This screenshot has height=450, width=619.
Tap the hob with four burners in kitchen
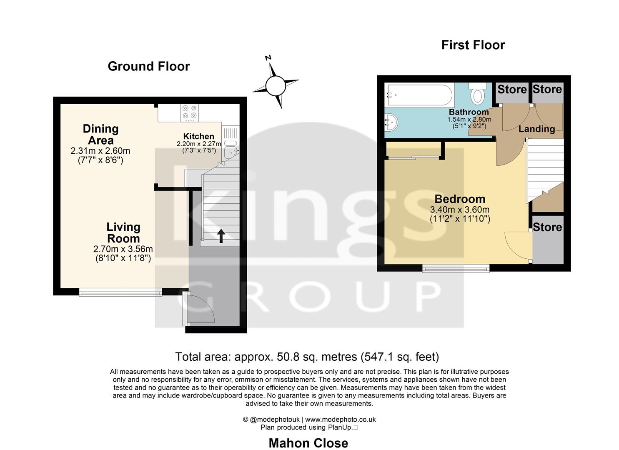click(x=190, y=112)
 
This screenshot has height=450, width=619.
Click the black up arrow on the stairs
click(x=221, y=235)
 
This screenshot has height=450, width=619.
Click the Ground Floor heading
click(x=148, y=66)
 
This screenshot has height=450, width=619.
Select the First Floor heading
click(x=473, y=45)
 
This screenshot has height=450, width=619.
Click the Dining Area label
click(x=100, y=135)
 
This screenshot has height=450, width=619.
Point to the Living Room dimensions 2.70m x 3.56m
click(x=123, y=249)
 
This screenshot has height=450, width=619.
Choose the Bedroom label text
click(x=460, y=199)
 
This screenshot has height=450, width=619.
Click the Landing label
click(x=536, y=129)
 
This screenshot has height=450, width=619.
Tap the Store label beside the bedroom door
click(x=547, y=227)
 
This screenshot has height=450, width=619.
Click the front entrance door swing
click(x=199, y=308)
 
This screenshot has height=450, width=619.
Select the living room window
click(x=120, y=292)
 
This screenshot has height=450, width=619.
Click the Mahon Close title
click(x=308, y=443)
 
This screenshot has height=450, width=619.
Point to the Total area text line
click(x=307, y=357)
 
